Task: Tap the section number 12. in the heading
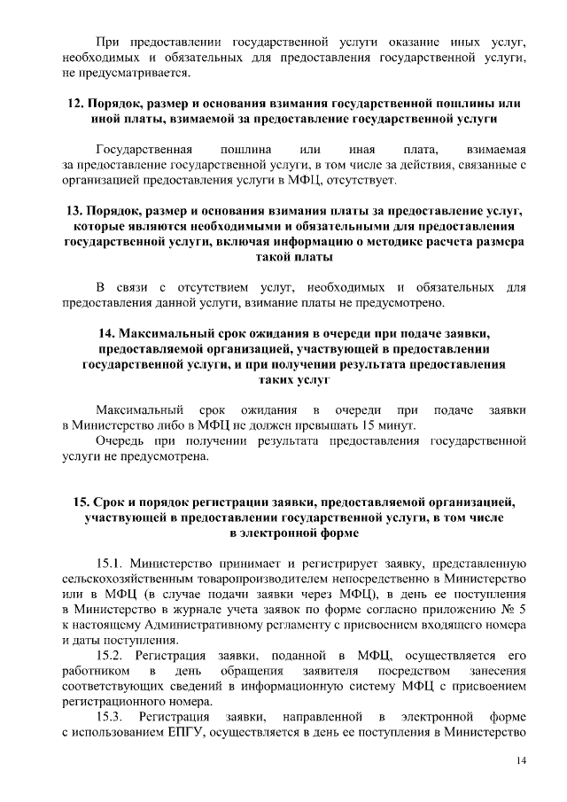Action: (x=76, y=104)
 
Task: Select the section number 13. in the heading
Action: (x=75, y=213)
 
